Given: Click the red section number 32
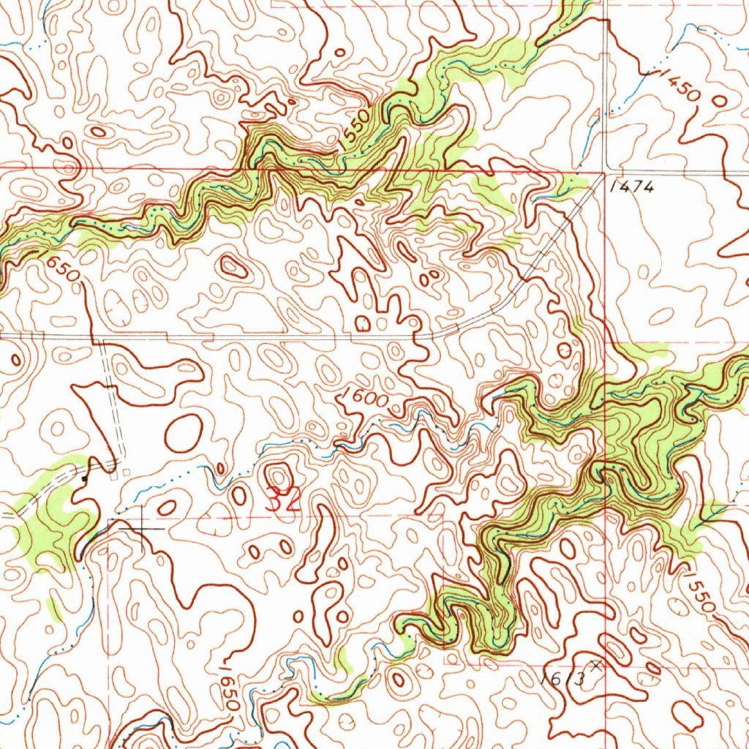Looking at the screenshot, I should (x=283, y=500).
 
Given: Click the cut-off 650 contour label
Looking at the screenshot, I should (x=59, y=268).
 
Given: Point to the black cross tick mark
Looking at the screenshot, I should (x=143, y=528).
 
